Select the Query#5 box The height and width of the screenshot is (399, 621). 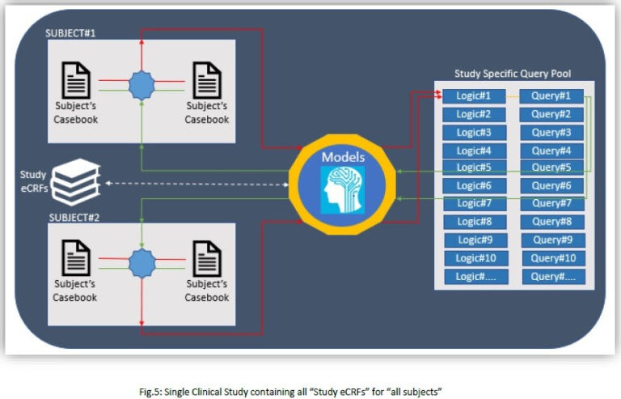pos(551,168)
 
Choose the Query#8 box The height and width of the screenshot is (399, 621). pos(551,222)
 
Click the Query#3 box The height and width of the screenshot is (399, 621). pos(551,133)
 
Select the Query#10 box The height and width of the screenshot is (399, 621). pos(551,258)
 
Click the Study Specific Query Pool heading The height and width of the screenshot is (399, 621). pos(513,74)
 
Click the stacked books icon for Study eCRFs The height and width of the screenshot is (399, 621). pos(75,182)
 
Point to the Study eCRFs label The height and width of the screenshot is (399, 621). pos(33,182)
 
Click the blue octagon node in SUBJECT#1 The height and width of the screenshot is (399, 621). pos(142,84)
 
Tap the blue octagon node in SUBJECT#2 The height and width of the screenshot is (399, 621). pos(142,263)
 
